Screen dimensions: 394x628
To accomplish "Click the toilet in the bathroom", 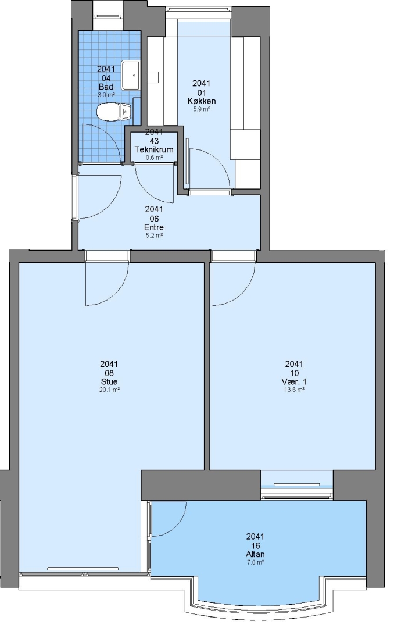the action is pyautogui.click(x=114, y=111).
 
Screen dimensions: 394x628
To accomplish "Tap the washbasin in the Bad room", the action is pyautogui.click(x=131, y=75).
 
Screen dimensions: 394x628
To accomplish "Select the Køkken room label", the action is pyautogui.click(x=202, y=101).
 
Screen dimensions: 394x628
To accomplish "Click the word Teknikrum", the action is pyautogui.click(x=154, y=150).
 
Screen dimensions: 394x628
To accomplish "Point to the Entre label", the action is pyautogui.click(x=154, y=227).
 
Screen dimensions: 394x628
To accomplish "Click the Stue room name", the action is pyautogui.click(x=109, y=381).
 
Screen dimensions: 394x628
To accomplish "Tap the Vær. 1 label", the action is pyautogui.click(x=294, y=381).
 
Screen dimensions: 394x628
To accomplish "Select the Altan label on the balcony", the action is pyautogui.click(x=256, y=554).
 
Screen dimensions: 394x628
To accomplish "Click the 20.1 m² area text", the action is pyautogui.click(x=109, y=389).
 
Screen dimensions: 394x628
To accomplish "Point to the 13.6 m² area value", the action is pyautogui.click(x=294, y=389).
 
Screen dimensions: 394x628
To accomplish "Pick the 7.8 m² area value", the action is pyautogui.click(x=256, y=562).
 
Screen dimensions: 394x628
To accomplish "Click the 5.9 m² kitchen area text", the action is pyautogui.click(x=202, y=109).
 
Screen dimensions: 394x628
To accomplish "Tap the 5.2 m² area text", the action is pyautogui.click(x=154, y=235).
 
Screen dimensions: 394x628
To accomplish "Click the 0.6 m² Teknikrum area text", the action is pyautogui.click(x=154, y=158).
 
